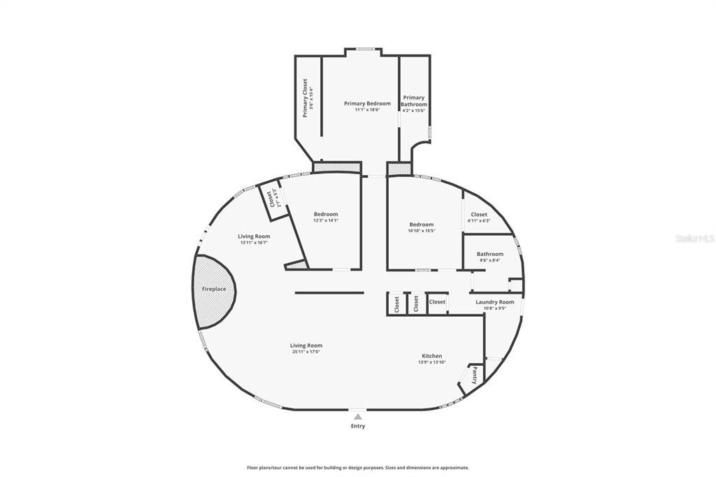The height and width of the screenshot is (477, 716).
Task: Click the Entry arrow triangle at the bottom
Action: coord(357,417)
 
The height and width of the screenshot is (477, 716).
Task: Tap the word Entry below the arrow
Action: coord(357,426)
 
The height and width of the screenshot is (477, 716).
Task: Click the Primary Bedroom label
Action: coord(367,104)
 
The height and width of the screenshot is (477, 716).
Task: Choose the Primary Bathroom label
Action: coord(414,101)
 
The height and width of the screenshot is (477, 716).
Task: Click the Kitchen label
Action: coord(431,356)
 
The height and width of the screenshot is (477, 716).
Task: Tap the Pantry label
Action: coord(474,376)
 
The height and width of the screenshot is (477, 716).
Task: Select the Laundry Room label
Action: coord(494,302)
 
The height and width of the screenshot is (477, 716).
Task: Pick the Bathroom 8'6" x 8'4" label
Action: coord(489,255)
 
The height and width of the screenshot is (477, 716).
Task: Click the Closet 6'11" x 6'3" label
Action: coord(479,215)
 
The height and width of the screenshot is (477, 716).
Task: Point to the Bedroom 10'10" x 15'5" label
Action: coord(422,225)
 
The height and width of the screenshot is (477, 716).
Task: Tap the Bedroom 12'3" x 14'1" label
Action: coord(326,215)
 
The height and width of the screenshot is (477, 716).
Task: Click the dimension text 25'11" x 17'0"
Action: coord(306,352)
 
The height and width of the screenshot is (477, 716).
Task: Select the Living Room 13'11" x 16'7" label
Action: coord(255,237)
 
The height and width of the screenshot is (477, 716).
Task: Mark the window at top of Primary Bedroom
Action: coord(364,49)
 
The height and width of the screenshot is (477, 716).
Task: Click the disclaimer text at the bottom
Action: coord(357,467)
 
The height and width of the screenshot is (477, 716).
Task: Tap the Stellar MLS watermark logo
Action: coord(694,239)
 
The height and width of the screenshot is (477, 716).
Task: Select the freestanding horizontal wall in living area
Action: coord(329,292)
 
